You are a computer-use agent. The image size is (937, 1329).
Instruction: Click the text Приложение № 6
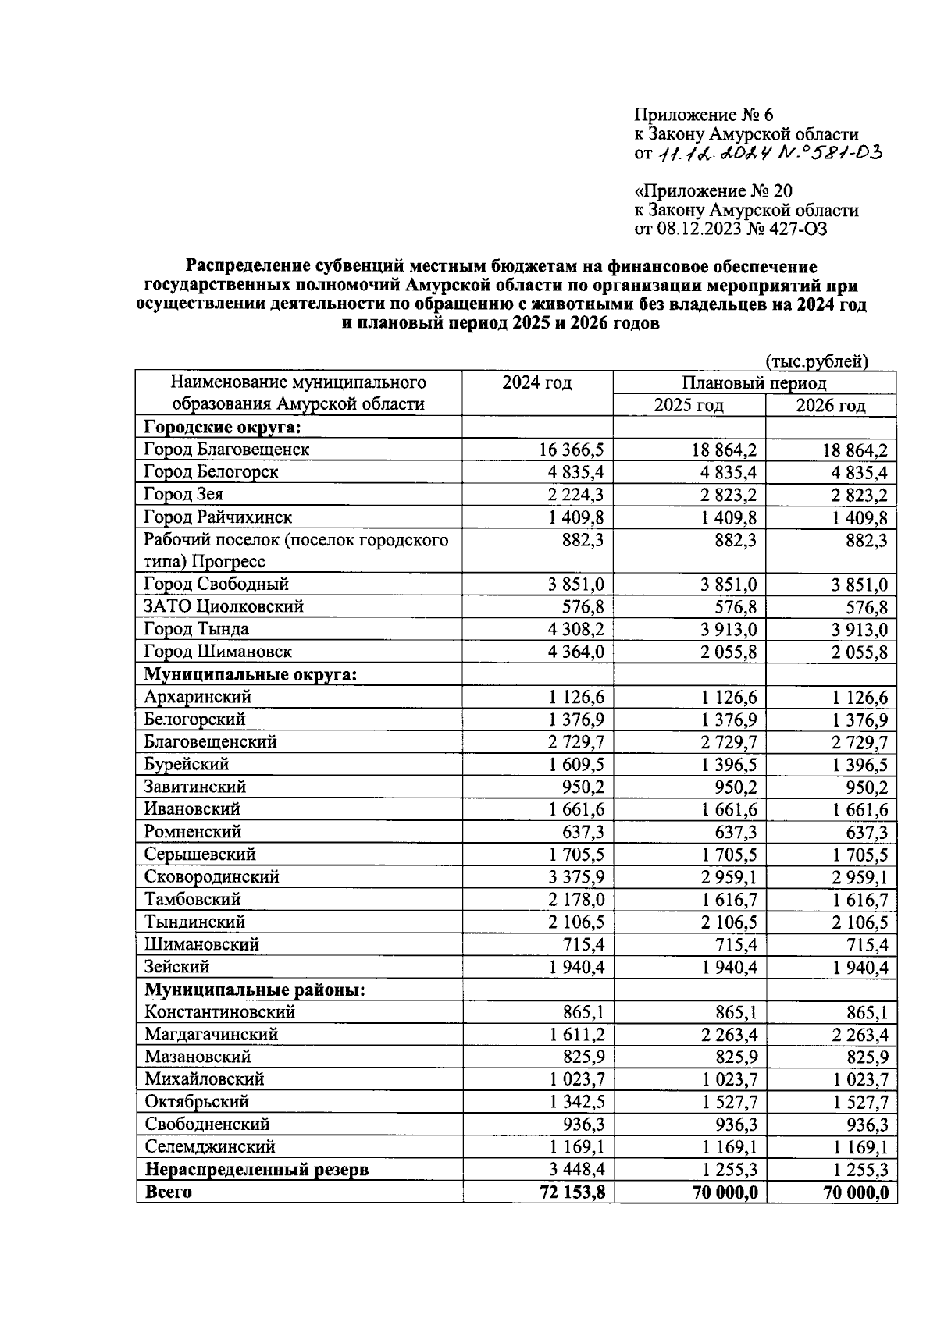(703, 115)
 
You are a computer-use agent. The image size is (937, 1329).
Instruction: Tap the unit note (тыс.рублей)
(817, 361)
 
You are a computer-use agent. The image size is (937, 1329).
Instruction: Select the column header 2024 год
(536, 382)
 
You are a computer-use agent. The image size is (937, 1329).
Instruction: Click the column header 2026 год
(830, 405)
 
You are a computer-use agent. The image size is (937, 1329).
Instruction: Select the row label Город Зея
(183, 495)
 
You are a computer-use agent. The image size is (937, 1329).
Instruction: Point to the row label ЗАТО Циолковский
(223, 607)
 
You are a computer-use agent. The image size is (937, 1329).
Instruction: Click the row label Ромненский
(193, 832)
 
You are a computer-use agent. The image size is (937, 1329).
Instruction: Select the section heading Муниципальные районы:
(255, 990)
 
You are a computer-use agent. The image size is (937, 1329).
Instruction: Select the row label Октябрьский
(197, 1102)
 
